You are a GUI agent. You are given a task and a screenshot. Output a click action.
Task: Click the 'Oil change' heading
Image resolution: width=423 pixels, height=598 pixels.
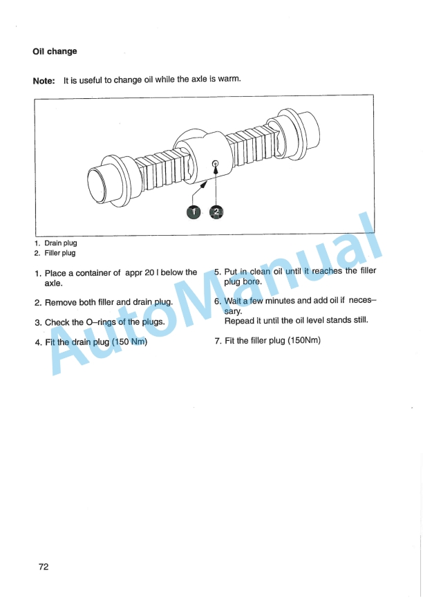[x=55, y=52]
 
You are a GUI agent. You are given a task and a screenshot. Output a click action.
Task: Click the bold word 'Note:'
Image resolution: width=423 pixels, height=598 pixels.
[x=44, y=81]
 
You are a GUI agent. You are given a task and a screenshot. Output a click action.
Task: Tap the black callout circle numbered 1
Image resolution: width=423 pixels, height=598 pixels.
[x=194, y=212]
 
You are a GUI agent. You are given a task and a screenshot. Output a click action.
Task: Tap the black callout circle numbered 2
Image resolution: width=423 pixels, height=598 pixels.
[x=216, y=212]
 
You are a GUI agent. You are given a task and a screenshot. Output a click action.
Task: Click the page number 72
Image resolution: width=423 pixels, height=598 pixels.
[x=44, y=566]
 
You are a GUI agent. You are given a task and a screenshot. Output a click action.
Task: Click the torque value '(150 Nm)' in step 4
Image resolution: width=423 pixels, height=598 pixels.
[x=129, y=342]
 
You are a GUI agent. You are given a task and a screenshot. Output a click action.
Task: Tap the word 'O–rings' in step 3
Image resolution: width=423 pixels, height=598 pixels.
[x=106, y=322]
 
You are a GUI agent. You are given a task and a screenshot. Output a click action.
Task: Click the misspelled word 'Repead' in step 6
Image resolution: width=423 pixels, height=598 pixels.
[x=239, y=320]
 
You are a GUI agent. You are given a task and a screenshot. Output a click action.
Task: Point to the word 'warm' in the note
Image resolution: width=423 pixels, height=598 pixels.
[x=229, y=80]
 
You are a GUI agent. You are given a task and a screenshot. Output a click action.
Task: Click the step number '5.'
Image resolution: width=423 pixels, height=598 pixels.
[x=218, y=272]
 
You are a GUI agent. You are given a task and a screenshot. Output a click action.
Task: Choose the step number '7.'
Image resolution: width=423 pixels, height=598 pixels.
[x=218, y=341]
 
